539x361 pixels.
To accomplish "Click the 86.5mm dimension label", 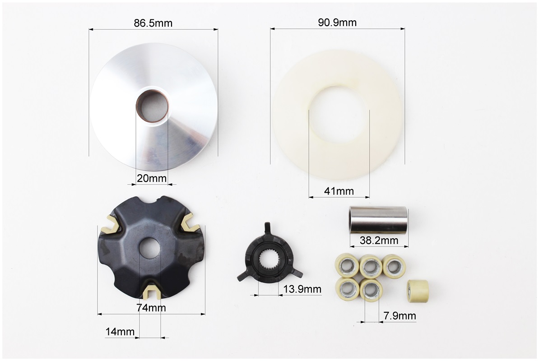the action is click(x=153, y=23).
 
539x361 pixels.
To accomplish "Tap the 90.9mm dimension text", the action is click(x=337, y=22).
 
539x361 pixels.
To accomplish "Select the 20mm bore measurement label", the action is click(x=152, y=178).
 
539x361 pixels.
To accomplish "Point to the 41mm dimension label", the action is click(x=339, y=191).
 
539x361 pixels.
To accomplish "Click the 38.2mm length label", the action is click(x=379, y=241).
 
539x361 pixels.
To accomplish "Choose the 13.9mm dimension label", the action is click(x=302, y=289).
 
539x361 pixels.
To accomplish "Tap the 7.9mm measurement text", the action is click(x=400, y=316).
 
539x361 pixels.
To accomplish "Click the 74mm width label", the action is click(x=151, y=308).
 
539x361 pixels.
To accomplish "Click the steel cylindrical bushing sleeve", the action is click(x=378, y=220).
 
